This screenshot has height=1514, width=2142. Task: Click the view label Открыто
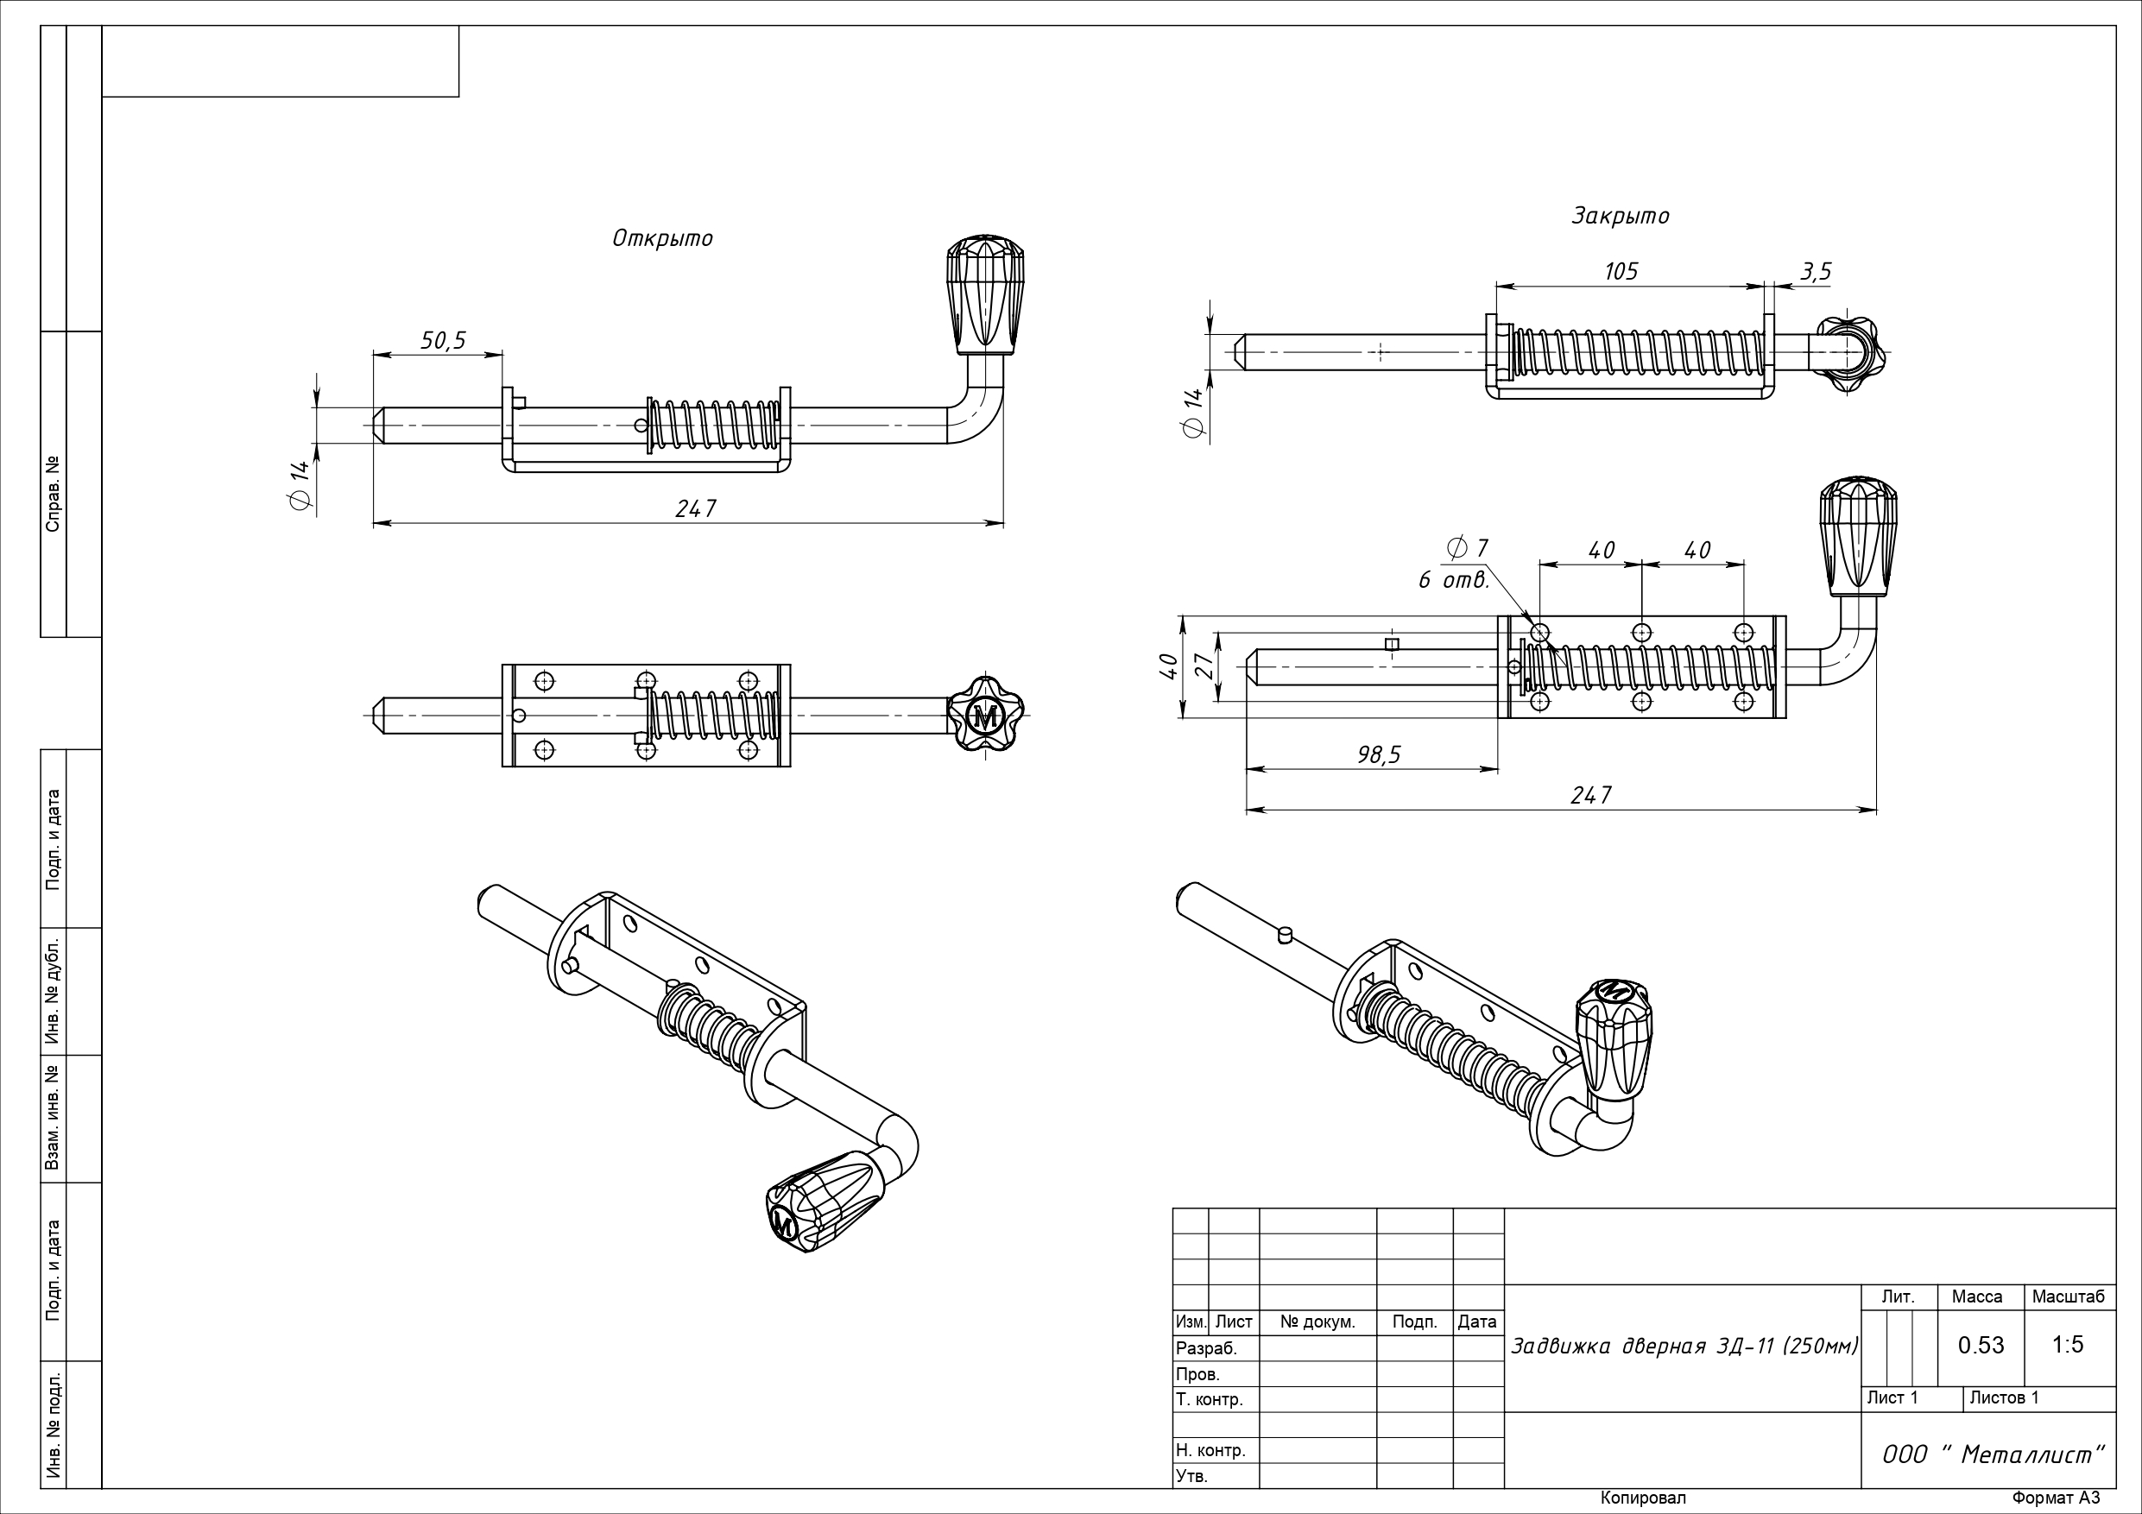pos(662,239)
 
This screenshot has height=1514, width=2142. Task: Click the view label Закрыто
pos(1621,217)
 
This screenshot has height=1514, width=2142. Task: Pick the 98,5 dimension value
pos(1379,754)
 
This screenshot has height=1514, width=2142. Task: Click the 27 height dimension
pos(1204,666)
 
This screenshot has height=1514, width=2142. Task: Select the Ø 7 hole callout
pos(1468,547)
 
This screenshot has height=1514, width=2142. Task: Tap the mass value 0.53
pos(1981,1345)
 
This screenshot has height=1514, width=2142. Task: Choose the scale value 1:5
pos(2068,1344)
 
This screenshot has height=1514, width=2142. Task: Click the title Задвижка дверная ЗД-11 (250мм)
pos(1684,1346)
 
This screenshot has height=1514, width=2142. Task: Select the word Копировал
pos(1643,1498)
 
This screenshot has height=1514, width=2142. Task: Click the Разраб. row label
pos(1206,1348)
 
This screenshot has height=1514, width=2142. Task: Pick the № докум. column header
pos(1317,1322)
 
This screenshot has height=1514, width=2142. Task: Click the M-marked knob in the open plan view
pos(985,717)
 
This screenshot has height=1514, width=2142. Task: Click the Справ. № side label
pos(54,494)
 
